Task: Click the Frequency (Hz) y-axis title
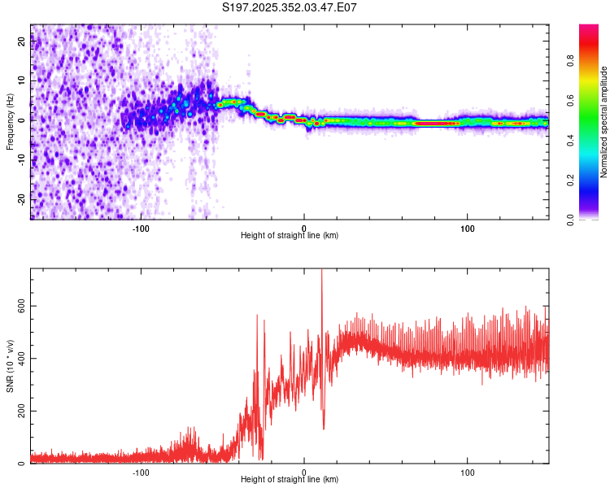10,122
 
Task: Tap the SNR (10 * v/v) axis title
10,366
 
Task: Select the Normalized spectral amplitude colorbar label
604,122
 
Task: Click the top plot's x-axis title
290,235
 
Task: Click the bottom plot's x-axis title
290,479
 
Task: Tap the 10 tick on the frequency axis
22,81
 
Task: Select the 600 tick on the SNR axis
22,306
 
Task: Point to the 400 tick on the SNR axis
22,359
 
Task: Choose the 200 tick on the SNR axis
22,412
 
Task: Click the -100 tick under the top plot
141,227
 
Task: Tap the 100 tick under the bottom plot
468,471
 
